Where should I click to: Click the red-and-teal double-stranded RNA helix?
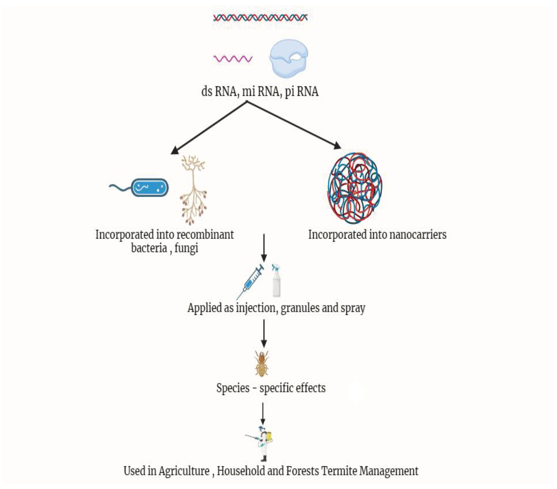point(260,18)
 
